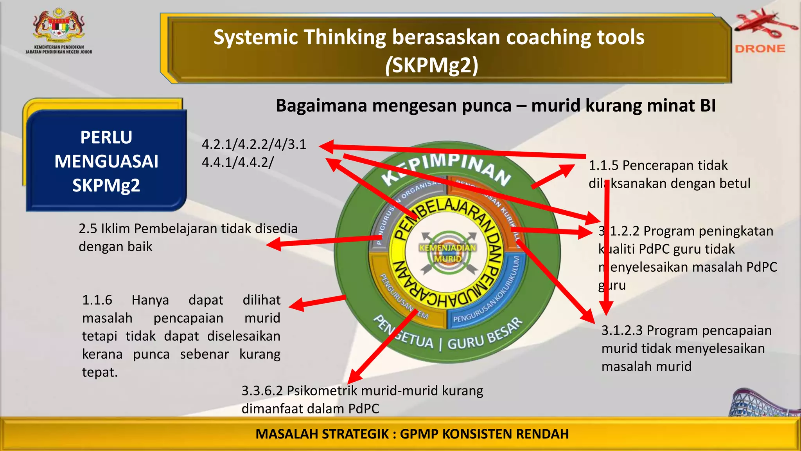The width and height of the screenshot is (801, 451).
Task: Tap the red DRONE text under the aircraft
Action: (760, 49)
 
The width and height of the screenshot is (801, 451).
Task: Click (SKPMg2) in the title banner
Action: (431, 65)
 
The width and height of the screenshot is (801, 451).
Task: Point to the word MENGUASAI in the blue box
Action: (106, 161)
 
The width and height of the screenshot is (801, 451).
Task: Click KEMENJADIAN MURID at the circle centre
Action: (448, 253)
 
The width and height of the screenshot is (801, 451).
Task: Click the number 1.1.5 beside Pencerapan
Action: (603, 166)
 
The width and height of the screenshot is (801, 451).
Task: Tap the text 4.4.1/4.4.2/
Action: (238, 162)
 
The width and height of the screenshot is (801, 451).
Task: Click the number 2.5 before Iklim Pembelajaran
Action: (88, 229)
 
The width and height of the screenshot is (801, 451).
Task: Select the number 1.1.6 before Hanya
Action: (97, 300)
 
